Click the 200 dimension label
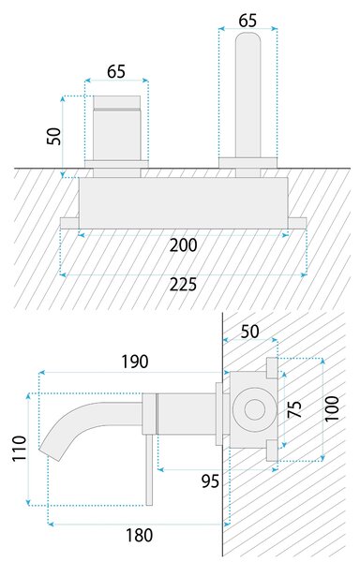(183, 245)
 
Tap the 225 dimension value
(183, 285)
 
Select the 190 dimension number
(134, 362)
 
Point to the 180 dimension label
(139, 536)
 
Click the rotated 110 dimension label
(20, 449)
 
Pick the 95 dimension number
(210, 481)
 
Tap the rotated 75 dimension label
(294, 409)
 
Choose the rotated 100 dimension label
(331, 408)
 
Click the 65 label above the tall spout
(247, 21)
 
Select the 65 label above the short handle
(116, 71)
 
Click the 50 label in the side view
(250, 332)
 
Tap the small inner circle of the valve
(255, 409)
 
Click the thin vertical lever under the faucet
(149, 470)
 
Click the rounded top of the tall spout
(247, 38)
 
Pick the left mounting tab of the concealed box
(69, 223)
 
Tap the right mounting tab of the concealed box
(297, 223)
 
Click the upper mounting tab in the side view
(272, 368)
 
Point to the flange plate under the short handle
(116, 164)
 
